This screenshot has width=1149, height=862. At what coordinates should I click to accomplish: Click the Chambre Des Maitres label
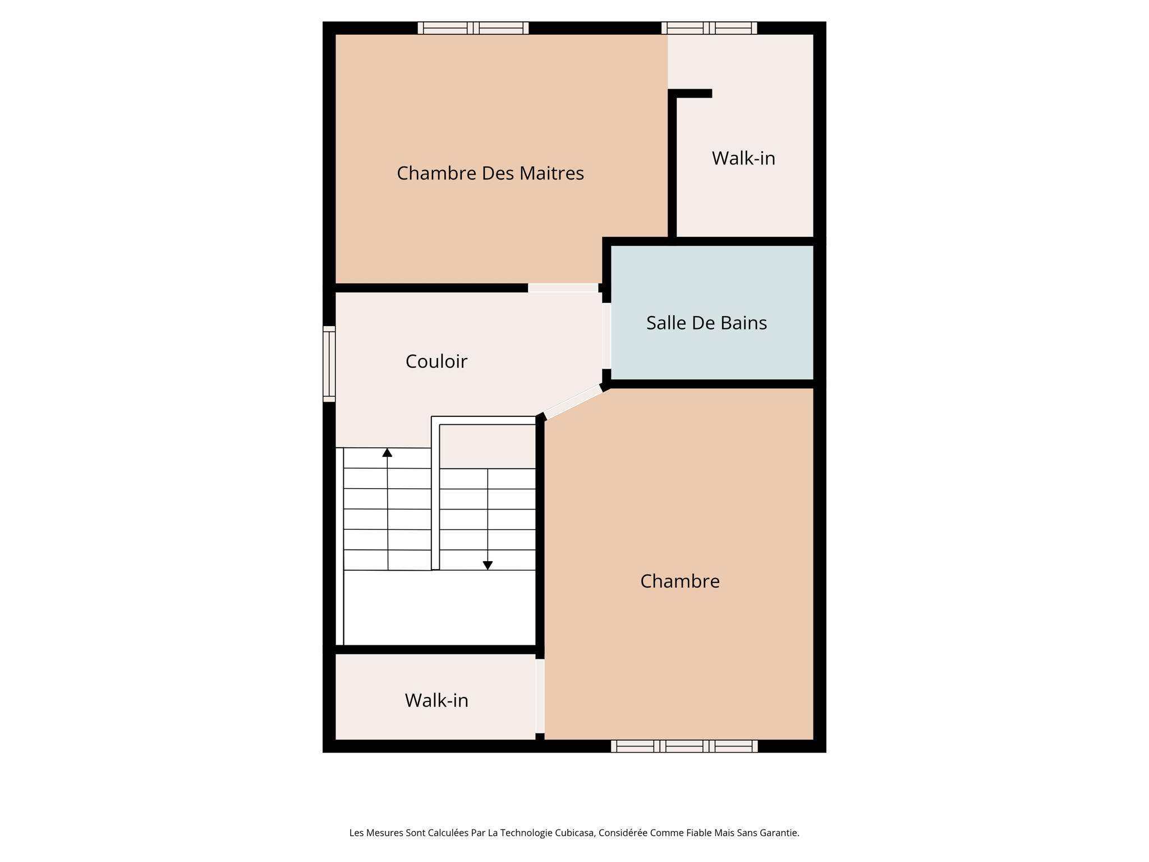(490, 173)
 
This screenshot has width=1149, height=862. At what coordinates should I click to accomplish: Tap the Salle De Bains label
(706, 323)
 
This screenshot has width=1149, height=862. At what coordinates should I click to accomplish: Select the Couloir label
(436, 361)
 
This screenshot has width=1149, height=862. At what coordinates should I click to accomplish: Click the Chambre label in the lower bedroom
(679, 581)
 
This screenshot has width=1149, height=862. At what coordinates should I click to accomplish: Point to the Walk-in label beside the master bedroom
(743, 159)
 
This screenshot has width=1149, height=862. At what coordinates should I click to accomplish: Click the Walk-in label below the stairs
(436, 701)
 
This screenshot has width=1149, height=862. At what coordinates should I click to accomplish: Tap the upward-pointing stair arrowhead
(387, 452)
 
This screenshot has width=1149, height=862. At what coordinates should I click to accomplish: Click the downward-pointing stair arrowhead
(488, 566)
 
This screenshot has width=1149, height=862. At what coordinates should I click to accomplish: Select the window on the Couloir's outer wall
(329, 364)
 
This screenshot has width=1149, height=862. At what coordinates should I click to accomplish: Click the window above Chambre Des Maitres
(473, 28)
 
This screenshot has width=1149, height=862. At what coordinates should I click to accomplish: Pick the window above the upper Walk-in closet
(709, 28)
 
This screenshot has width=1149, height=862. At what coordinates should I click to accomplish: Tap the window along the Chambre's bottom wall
(684, 746)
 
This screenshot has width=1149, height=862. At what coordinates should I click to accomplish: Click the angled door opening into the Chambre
(573, 402)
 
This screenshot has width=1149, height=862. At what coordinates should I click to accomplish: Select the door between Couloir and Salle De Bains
(606, 336)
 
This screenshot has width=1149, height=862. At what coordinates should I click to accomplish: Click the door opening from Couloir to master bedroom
(563, 288)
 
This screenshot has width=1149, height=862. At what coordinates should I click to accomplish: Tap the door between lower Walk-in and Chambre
(540, 696)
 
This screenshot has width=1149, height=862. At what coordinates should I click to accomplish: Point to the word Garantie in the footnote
(779, 833)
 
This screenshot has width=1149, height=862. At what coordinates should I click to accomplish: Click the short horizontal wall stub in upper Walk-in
(692, 94)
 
